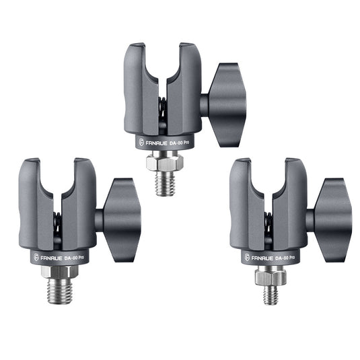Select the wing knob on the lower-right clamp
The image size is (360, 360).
[332, 219]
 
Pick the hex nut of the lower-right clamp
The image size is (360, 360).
[271, 276]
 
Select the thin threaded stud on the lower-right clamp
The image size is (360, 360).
[271, 294]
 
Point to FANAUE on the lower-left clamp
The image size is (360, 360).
[49, 256]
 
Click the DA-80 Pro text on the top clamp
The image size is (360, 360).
[182, 142]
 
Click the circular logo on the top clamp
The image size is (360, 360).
[141, 143]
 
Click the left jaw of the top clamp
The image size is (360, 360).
[138, 87]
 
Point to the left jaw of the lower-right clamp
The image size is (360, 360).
[244, 202]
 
